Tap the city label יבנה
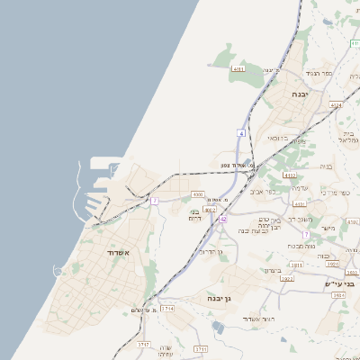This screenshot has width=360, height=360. click(301, 93)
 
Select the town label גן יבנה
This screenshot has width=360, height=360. click(219, 297)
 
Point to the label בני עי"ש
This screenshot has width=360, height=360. click(339, 283)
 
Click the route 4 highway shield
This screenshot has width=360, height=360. click(241, 133)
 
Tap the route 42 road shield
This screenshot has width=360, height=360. click(223, 219)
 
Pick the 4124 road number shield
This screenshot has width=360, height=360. click(336, 105)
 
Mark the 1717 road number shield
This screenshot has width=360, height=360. click(143, 345)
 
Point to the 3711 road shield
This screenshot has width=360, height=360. click(201, 348)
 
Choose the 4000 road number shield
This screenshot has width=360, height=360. click(198, 193)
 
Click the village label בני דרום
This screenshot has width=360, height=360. click(194, 215)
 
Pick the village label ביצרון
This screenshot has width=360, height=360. click(274, 270)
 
